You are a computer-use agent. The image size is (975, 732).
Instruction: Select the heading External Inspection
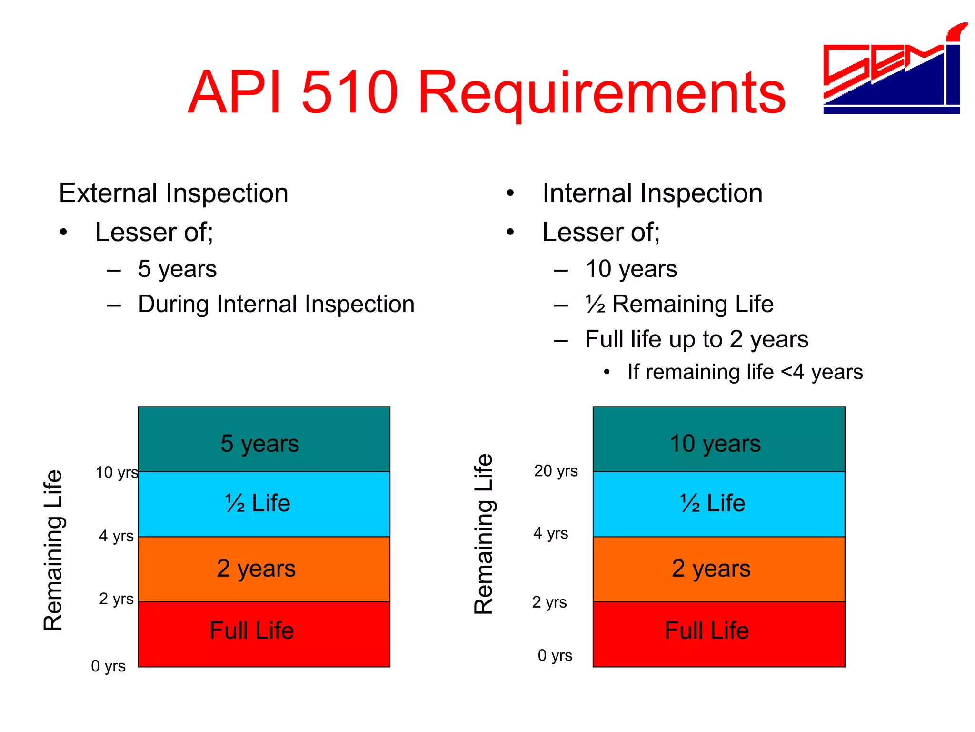pyautogui.click(x=174, y=193)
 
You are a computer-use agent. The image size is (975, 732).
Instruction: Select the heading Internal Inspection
pyautogui.click(x=652, y=193)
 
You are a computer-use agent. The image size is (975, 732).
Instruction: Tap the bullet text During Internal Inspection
pyautogui.click(x=276, y=304)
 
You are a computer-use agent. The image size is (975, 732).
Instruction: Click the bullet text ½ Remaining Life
pyautogui.click(x=679, y=304)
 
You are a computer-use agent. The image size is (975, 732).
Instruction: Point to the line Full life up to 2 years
pyautogui.click(x=696, y=339)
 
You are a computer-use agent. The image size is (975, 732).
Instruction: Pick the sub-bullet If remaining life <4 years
pyautogui.click(x=745, y=372)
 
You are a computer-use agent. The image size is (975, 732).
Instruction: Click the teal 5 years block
pyautogui.click(x=264, y=439)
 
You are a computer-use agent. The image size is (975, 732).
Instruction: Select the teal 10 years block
pyautogui.click(x=718, y=439)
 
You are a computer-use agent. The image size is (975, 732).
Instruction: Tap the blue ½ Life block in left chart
pyautogui.click(x=264, y=504)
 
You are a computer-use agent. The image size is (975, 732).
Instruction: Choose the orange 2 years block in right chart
pyautogui.click(x=718, y=569)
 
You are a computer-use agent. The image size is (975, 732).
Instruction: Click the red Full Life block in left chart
pyautogui.click(x=264, y=634)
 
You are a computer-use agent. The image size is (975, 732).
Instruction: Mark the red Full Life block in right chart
pyautogui.click(x=718, y=634)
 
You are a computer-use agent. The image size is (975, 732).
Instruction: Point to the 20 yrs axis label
pyautogui.click(x=556, y=471)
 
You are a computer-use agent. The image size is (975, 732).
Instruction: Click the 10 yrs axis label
pyautogui.click(x=117, y=473)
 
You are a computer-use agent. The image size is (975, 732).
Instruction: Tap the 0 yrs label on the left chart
pyautogui.click(x=108, y=666)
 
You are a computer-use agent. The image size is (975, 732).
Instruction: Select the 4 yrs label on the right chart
pyautogui.click(x=550, y=533)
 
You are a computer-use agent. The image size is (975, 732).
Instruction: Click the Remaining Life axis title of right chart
pyautogui.click(x=484, y=534)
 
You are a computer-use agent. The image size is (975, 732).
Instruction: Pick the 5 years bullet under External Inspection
pyautogui.click(x=177, y=269)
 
